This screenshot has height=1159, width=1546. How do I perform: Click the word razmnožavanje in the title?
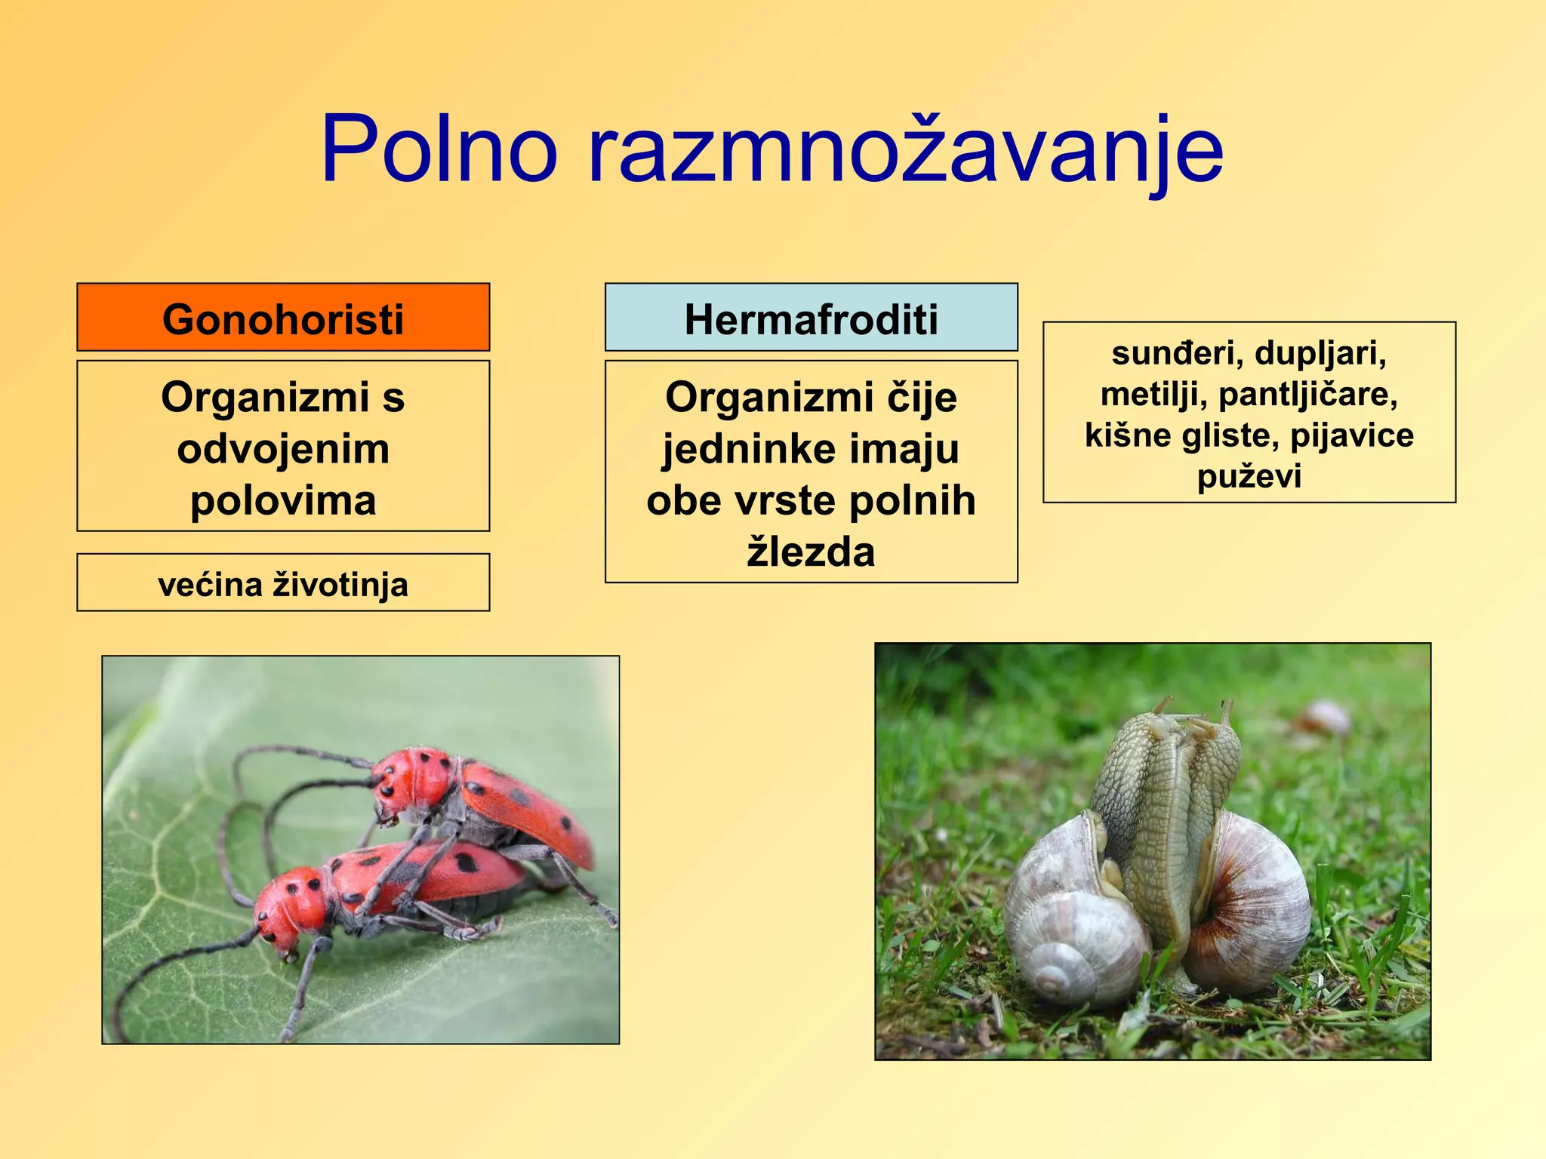coord(905,151)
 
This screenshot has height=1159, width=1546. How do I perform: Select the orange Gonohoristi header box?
coord(283,318)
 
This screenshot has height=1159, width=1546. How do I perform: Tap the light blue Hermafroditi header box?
coord(811,318)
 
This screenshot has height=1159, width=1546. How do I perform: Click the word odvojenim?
coord(283,449)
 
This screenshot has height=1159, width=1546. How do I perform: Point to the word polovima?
coord(283,500)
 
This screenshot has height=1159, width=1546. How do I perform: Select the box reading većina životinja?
coord(283,583)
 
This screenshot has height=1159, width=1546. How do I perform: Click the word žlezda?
coord(811,552)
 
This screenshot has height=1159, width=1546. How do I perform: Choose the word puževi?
coord(1249,477)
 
